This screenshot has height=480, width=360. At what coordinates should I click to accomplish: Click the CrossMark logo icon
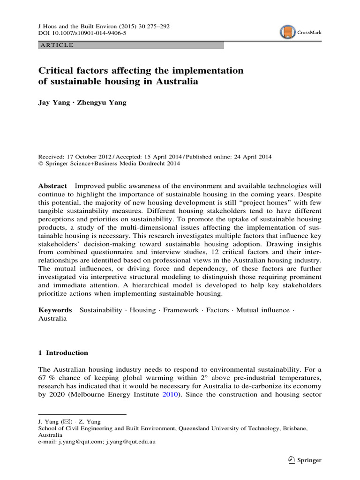(287, 32)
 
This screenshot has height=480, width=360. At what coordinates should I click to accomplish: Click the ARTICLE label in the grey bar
(57, 45)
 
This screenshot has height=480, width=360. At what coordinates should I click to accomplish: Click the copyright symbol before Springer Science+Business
(40, 164)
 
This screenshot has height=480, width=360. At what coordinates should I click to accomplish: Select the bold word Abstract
(52, 186)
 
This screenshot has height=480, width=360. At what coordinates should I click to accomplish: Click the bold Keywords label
(55, 310)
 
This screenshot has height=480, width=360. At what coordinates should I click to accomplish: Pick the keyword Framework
(180, 310)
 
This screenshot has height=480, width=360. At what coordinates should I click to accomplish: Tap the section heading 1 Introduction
(63, 353)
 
